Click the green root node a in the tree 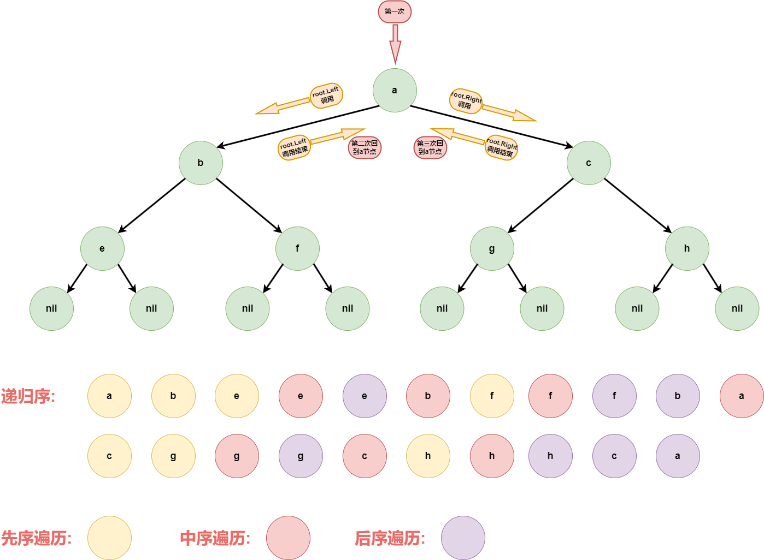coord(395,91)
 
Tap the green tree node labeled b coord(201,163)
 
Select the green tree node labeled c coord(589,163)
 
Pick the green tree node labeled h coord(687,248)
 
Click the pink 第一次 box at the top coord(395,11)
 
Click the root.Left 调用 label coord(326,96)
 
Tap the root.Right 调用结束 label coord(501,147)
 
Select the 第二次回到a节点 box coord(365,147)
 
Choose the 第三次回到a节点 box coord(430,147)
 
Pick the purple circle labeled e coord(365,396)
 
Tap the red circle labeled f coord(550,396)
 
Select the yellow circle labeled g coord(173,456)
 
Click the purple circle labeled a coord(678,456)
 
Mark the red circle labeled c coord(365,456)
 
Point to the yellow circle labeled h coord(428,456)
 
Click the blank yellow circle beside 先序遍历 coord(109,538)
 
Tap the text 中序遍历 coord(215,539)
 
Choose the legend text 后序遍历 coord(390,539)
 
